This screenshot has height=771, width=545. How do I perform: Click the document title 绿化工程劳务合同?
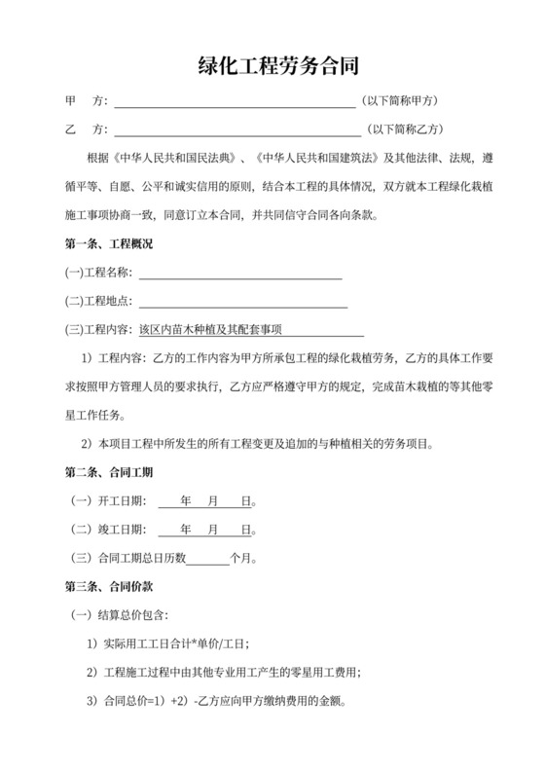272,67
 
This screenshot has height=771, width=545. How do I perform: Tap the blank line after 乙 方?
237,129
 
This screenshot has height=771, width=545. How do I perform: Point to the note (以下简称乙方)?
404,129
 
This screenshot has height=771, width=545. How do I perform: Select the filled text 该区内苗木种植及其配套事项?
217,331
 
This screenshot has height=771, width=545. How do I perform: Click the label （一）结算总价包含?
122,616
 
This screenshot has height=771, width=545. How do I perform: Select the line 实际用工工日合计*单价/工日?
167,644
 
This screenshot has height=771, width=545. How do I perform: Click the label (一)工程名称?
98,274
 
